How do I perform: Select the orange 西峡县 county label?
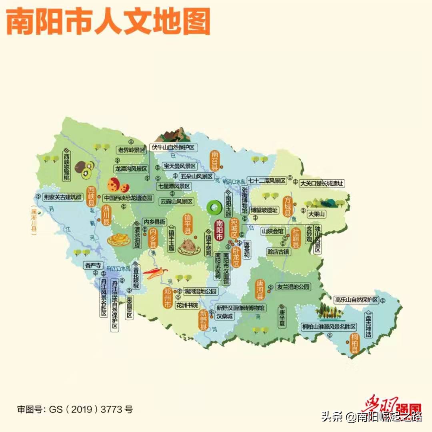[x=92, y=196]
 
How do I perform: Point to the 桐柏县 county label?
[x=354, y=344]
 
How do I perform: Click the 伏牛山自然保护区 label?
[x=173, y=148]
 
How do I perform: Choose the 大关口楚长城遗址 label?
[x=322, y=184]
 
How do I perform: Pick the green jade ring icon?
[x=215, y=207]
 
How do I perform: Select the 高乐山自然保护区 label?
[x=356, y=300]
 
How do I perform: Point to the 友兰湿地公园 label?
[x=293, y=287]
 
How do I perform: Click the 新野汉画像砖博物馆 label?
[x=240, y=308]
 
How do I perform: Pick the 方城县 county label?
[x=287, y=206]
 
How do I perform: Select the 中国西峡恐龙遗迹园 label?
[x=128, y=198]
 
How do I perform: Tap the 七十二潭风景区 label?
[x=266, y=180]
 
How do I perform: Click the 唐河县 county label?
[x=260, y=289]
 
